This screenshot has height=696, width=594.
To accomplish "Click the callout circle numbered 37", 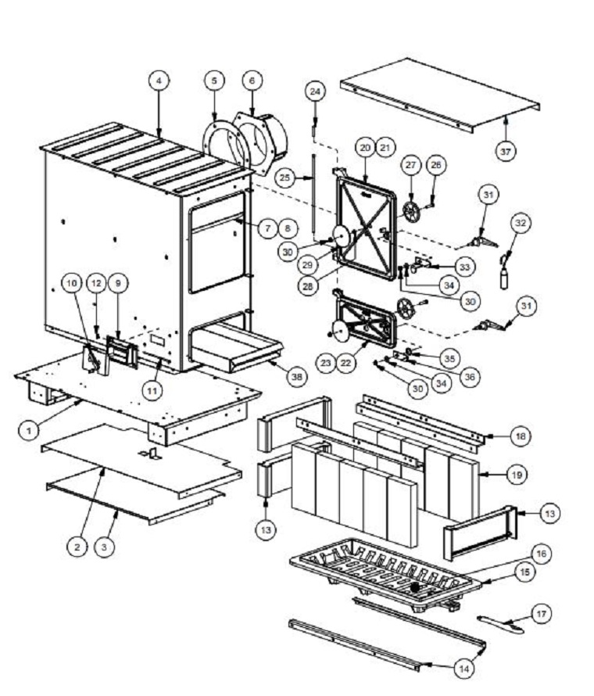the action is click(x=505, y=152).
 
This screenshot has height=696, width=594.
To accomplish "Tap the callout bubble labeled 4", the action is click(x=159, y=81).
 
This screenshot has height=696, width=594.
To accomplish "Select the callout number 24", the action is click(x=315, y=91).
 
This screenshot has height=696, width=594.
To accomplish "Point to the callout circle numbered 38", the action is click(x=297, y=377).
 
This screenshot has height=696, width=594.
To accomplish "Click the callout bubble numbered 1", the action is click(x=29, y=430).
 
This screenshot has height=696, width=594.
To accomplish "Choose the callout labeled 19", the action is click(x=517, y=475).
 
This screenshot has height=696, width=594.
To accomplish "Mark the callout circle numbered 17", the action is click(x=541, y=614).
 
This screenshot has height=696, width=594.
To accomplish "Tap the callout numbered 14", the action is click(x=464, y=668).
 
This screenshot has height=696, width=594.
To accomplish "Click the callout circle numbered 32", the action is click(x=521, y=223).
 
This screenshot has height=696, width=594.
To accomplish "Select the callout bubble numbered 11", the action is click(x=152, y=390).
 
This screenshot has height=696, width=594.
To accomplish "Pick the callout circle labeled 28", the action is click(x=307, y=286).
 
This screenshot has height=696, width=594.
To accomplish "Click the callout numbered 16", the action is click(x=541, y=554).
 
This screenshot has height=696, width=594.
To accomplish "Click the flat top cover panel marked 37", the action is click(x=439, y=95).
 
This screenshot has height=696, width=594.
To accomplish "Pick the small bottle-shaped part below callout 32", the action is click(x=504, y=280).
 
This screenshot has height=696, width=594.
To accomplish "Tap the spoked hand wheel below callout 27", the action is click(x=411, y=213).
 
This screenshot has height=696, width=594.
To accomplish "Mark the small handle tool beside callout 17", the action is click(x=500, y=623).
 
